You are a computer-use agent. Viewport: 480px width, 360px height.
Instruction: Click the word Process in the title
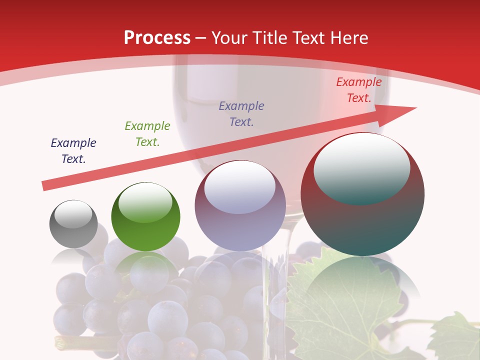[x=157, y=38]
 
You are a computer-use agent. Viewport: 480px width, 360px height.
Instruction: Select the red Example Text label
[x=358, y=90]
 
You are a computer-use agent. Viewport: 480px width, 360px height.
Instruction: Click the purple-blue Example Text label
[x=241, y=113]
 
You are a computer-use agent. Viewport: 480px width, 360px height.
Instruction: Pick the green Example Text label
[x=147, y=134]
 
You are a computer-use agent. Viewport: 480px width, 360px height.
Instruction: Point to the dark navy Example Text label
[x=73, y=150]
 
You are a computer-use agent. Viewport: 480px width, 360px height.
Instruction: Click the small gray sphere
[x=73, y=230]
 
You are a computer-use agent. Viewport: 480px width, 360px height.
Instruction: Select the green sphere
[x=145, y=230]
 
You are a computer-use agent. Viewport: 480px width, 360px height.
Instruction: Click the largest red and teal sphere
[x=362, y=225]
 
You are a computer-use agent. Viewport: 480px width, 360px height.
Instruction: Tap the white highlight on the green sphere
[x=145, y=202]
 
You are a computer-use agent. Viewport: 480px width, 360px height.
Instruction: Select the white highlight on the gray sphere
[x=73, y=214]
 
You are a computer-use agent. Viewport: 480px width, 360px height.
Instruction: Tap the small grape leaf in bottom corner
[x=455, y=337]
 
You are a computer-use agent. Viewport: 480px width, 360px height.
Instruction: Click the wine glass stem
[x=277, y=280]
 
